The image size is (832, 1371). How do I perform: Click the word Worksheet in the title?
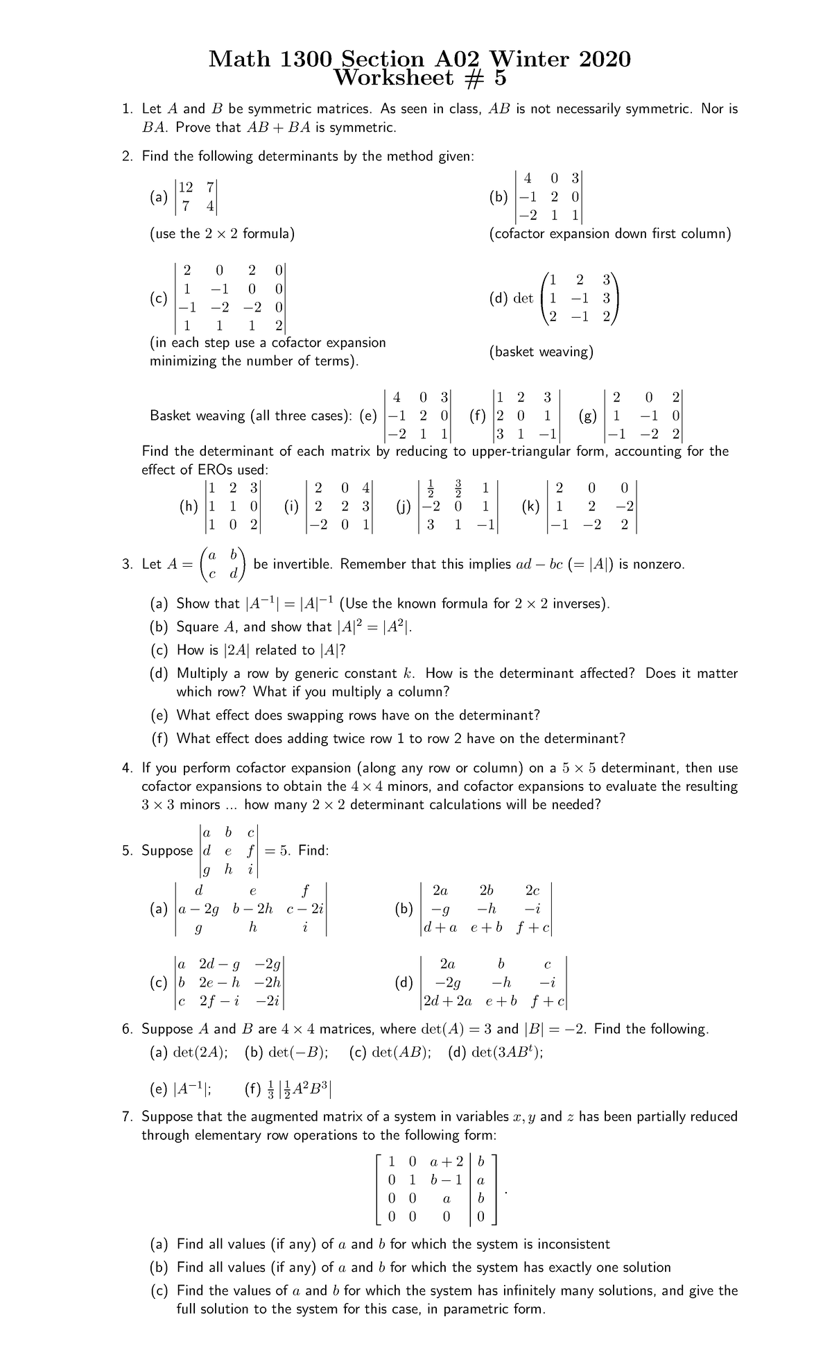tap(393, 78)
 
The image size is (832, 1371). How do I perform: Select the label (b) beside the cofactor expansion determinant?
tap(498, 197)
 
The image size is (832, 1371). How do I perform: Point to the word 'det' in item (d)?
tap(523, 298)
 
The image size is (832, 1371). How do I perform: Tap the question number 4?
tap(126, 768)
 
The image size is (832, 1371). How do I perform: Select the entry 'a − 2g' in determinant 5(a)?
tap(200, 908)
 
